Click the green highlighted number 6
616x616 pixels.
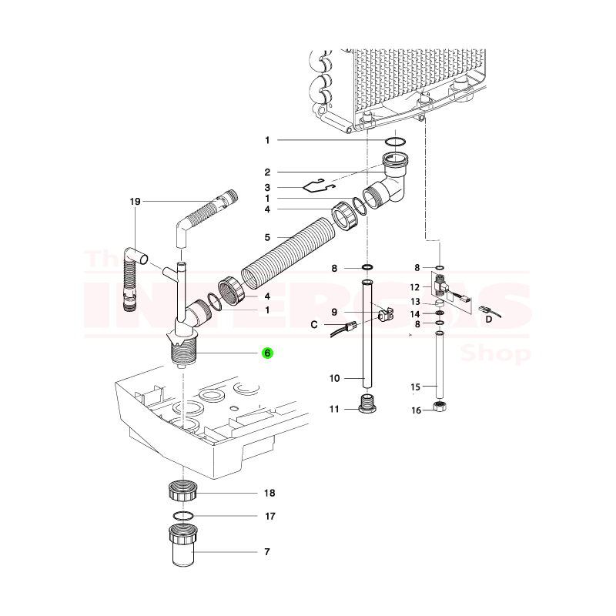pyautogui.click(x=267, y=353)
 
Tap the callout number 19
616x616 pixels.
pyautogui.click(x=136, y=202)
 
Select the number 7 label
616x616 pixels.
pyautogui.click(x=267, y=551)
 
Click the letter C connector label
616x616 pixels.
pyautogui.click(x=314, y=325)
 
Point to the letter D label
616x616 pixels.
pyautogui.click(x=489, y=319)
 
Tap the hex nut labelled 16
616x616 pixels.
pyautogui.click(x=439, y=407)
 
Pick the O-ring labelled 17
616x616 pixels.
pyautogui.click(x=183, y=515)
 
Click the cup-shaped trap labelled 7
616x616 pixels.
pyautogui.click(x=183, y=545)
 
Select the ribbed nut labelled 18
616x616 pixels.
pyautogui.click(x=182, y=490)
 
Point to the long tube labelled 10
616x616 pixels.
pyautogui.click(x=367, y=333)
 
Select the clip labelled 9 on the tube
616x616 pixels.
pyautogui.click(x=386, y=315)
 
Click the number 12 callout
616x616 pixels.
pyautogui.click(x=415, y=287)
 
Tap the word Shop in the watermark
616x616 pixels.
pyautogui.click(x=496, y=353)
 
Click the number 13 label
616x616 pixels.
pyautogui.click(x=415, y=302)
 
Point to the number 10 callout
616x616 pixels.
pyautogui.click(x=334, y=378)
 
